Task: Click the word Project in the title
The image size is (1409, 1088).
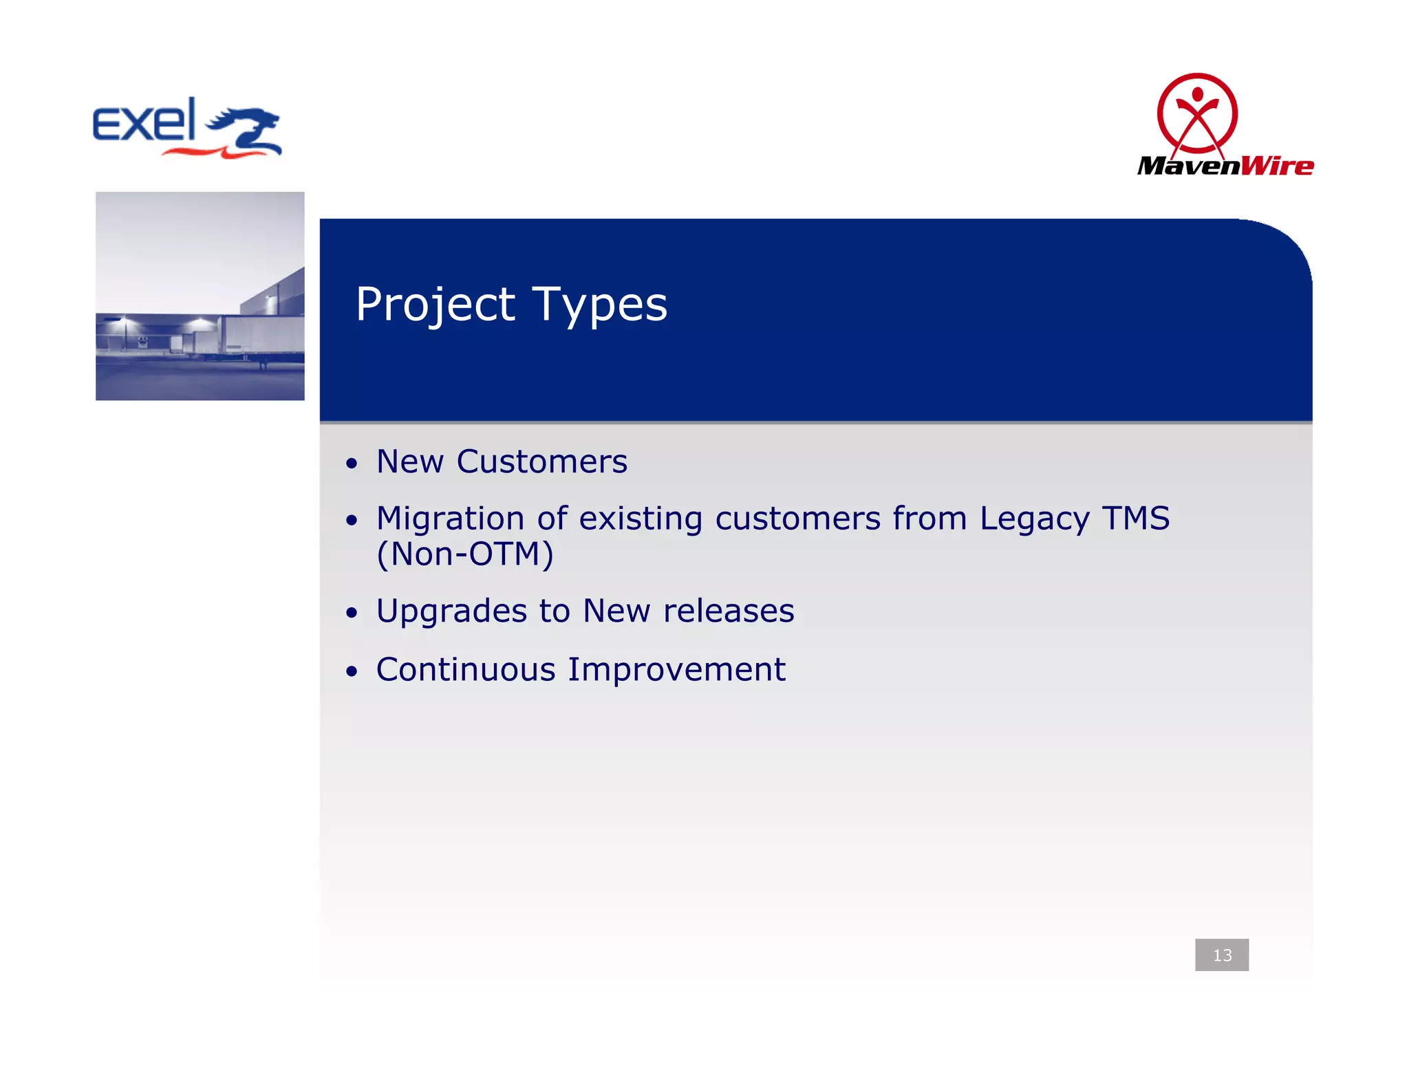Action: tap(435, 304)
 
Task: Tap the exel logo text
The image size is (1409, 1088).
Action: tap(144, 121)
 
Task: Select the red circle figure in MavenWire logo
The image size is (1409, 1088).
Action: tap(1197, 113)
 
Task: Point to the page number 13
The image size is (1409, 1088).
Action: tap(1222, 955)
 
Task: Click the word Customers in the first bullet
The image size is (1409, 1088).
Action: tap(541, 461)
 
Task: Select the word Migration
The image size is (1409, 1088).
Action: tap(450, 519)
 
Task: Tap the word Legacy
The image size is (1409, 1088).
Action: tap(1034, 519)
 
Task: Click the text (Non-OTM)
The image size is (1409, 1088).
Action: tap(465, 554)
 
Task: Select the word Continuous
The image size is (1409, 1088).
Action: tap(466, 670)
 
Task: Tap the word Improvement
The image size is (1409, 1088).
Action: tap(676, 670)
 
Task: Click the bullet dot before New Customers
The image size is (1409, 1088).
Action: tap(352, 464)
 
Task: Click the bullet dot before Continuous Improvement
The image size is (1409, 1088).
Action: tap(352, 672)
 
